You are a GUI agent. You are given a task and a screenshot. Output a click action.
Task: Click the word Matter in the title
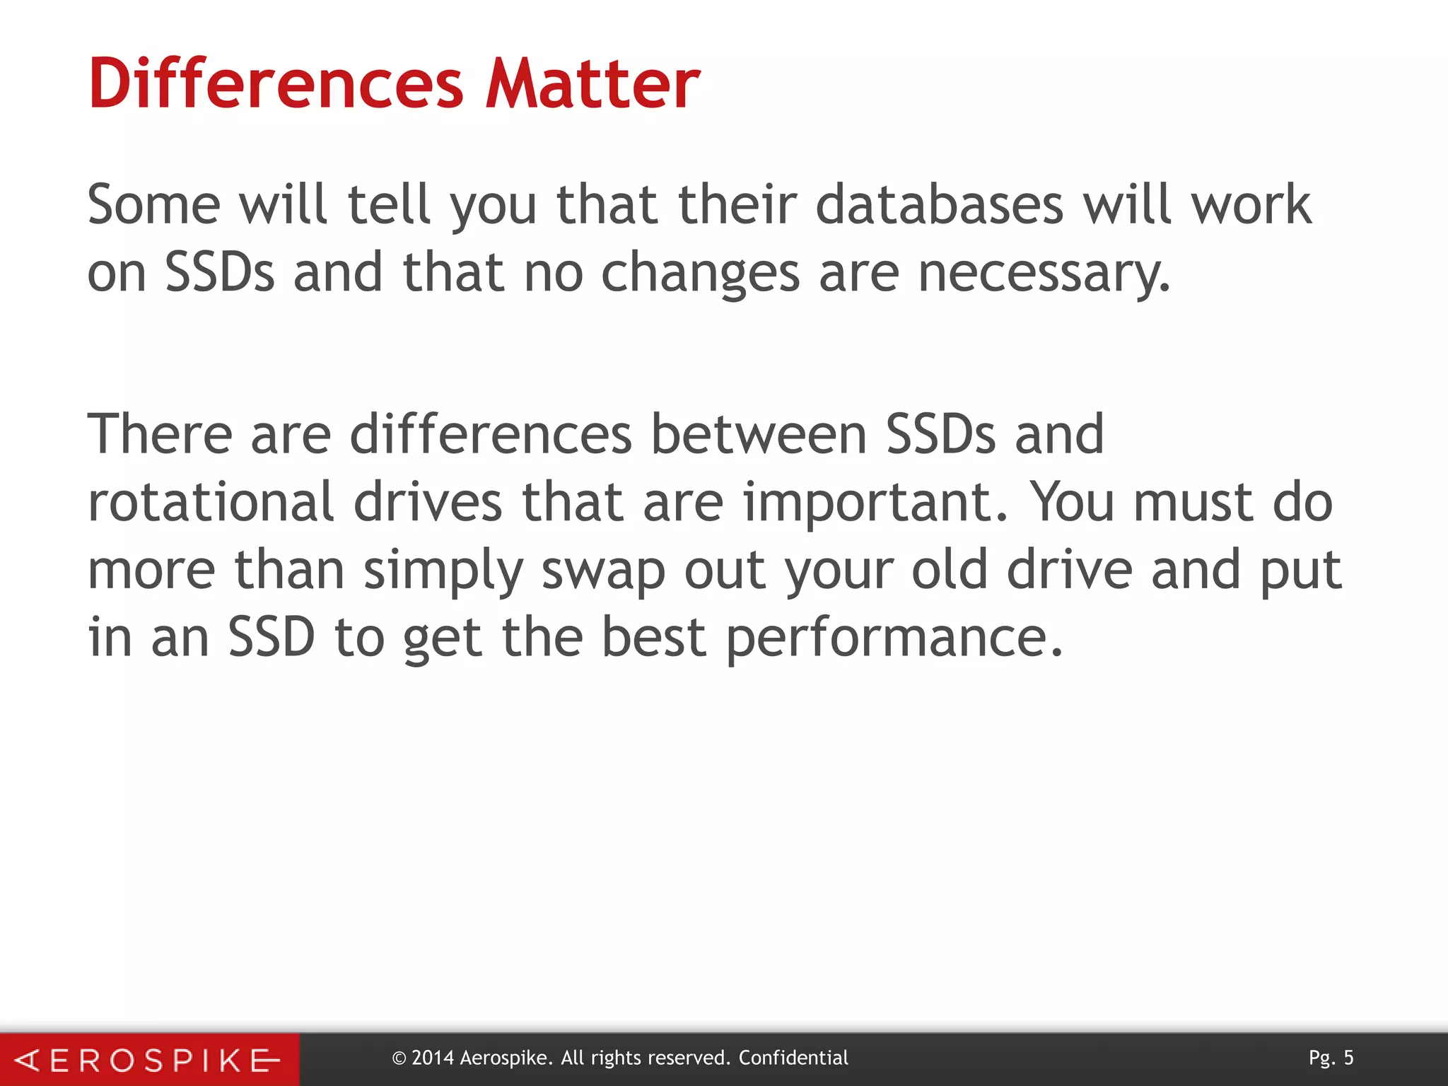tap(592, 84)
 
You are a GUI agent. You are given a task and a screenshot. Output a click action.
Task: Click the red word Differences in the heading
tap(276, 84)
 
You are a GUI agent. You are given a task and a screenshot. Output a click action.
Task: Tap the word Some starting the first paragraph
tap(154, 205)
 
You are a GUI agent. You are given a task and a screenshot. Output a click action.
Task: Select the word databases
tap(939, 205)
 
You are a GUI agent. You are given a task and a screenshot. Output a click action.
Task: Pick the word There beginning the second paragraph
tap(160, 434)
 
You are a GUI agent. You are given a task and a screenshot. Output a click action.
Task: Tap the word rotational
tap(211, 502)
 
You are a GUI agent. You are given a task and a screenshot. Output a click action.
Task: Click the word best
tap(654, 638)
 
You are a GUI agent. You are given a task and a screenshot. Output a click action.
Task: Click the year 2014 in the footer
tap(432, 1058)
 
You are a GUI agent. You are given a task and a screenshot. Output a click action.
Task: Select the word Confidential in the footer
tap(793, 1058)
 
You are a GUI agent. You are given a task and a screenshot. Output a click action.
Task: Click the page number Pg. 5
tap(1331, 1058)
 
